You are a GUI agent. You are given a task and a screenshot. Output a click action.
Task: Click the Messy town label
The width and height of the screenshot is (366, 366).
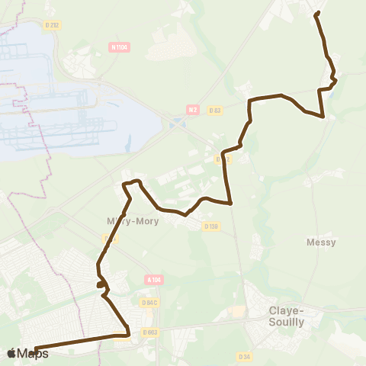[x=321, y=242]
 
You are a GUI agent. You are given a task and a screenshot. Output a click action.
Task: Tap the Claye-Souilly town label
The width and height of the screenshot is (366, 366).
[x=287, y=316]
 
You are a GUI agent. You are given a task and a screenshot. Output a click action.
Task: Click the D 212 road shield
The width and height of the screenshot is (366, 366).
[x=53, y=24]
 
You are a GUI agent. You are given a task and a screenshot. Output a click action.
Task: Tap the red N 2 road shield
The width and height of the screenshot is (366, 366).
[x=192, y=110]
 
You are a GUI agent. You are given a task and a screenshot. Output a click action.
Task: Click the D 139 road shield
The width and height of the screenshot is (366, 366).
[x=211, y=226]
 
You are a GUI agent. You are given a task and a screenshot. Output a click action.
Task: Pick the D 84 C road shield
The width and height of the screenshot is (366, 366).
[x=149, y=303]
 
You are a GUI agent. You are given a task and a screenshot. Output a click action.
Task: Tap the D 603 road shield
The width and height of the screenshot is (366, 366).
[x=149, y=332]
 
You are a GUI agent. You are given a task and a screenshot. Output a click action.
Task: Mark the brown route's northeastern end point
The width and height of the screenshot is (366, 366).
[x=316, y=14]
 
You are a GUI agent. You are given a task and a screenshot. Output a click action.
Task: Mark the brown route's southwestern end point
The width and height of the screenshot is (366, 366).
[x=36, y=350]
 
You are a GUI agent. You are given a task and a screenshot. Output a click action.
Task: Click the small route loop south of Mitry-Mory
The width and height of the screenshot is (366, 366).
[x=101, y=284]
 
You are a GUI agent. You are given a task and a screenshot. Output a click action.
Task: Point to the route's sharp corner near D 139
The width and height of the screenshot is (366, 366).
[x=230, y=204]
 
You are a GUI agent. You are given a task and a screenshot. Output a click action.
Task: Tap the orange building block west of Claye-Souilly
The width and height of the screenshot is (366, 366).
[x=239, y=312]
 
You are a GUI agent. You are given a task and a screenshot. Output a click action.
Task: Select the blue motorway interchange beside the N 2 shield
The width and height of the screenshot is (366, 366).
[x=177, y=123]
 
